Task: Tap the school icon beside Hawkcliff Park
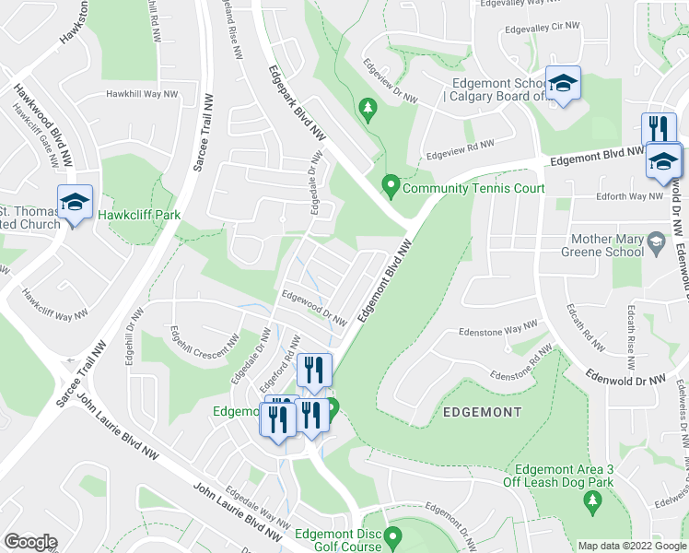tap(76, 203)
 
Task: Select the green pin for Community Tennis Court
tap(391, 187)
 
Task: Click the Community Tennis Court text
tap(473, 188)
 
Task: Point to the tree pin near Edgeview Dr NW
tap(368, 110)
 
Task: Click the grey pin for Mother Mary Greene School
tap(656, 244)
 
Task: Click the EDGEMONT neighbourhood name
tap(483, 412)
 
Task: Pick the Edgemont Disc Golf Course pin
tap(393, 536)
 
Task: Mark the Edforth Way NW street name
tap(628, 195)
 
